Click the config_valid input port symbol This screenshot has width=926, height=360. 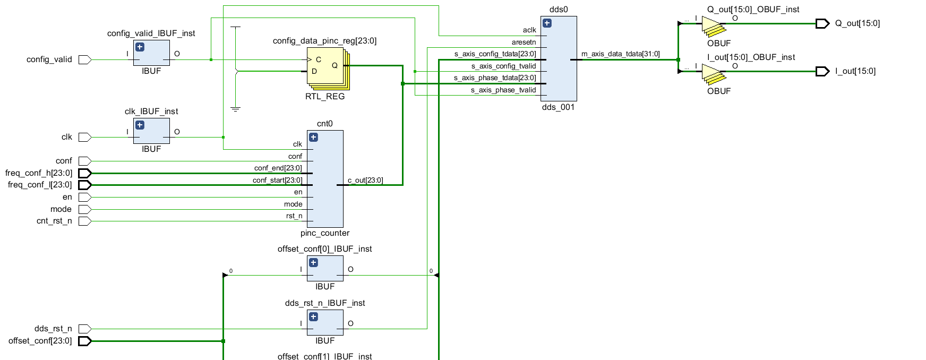tap(85, 59)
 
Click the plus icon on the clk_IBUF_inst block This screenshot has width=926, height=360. tap(140, 125)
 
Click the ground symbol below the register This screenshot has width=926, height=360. tap(236, 109)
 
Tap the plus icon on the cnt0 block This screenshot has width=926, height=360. tap(313, 138)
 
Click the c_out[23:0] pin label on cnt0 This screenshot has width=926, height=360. tap(365, 181)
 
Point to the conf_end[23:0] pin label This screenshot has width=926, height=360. tap(278, 168)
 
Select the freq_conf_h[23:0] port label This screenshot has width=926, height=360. tap(39, 173)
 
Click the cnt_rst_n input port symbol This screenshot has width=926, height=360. tap(85, 221)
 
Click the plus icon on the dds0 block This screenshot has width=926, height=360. tap(547, 23)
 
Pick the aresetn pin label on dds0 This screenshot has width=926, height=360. tap(524, 42)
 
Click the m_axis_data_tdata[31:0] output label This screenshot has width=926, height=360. tap(620, 54)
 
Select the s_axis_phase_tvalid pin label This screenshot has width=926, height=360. tap(503, 90)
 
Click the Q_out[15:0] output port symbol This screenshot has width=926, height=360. tap(822, 23)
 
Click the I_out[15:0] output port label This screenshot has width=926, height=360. tap(855, 71)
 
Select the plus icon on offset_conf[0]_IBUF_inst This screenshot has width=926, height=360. tap(313, 263)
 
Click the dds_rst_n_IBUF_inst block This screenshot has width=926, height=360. tap(325, 323)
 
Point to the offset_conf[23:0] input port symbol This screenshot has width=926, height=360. tap(85, 341)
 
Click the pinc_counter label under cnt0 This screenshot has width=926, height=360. tap(325, 233)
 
